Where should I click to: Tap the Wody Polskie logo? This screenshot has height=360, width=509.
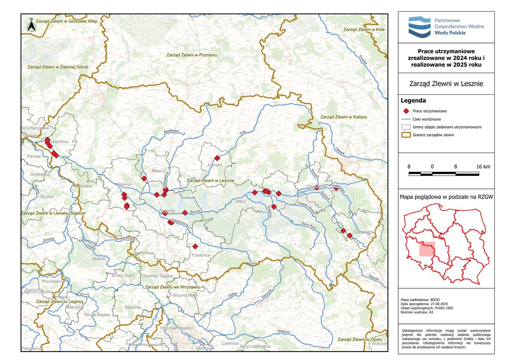coord(445,26)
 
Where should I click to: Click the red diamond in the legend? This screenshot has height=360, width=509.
coord(406,111)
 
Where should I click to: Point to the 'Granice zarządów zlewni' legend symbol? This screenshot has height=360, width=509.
coord(406,135)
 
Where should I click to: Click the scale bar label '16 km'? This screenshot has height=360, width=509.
coord(483,167)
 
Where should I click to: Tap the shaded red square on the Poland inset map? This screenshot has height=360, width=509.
coord(427,249)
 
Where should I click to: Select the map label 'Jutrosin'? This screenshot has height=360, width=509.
coord(215,165)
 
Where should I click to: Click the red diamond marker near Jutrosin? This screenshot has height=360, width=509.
coord(217,158)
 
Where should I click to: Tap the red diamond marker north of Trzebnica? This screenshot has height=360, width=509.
coord(195,246)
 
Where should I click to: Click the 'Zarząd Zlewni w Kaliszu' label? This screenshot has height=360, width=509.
coord(343,117)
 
